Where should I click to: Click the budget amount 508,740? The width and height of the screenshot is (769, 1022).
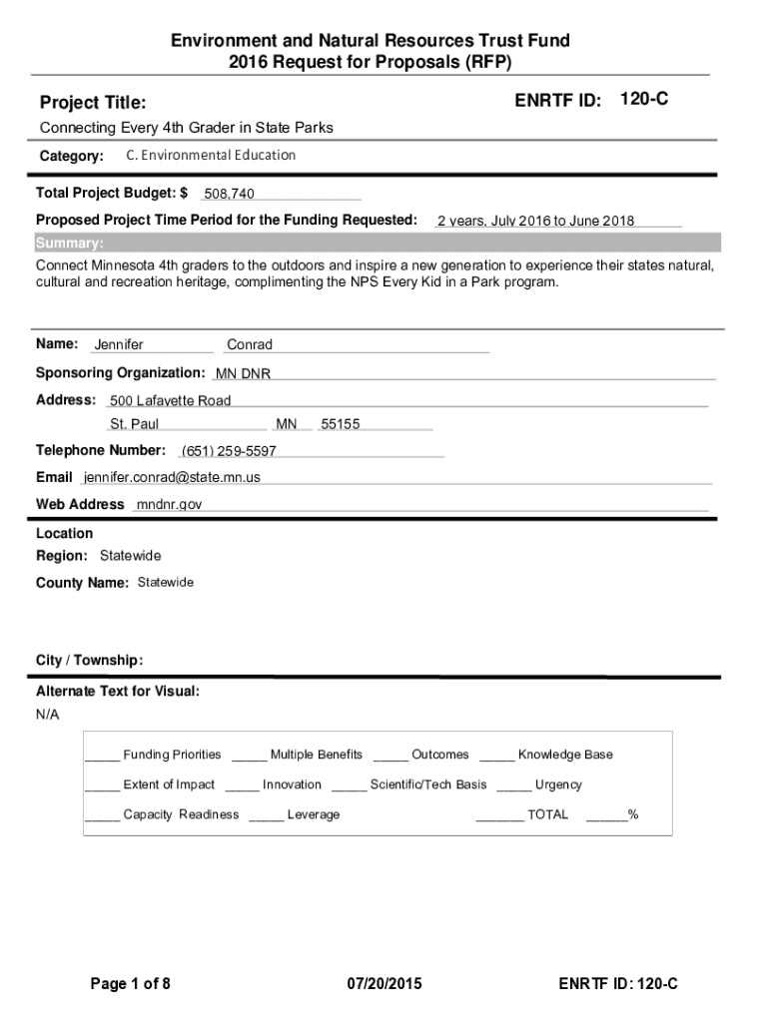229,194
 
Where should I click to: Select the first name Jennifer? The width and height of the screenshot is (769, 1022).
119,345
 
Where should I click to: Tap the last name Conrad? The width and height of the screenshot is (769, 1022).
250,345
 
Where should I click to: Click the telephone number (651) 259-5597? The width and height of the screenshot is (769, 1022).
229,451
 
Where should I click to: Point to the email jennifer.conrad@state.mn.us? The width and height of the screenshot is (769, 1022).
172,477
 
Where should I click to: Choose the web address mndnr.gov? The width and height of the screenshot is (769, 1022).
169,504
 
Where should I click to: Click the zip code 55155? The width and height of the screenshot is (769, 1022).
341,424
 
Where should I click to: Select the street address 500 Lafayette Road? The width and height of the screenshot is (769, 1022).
170,401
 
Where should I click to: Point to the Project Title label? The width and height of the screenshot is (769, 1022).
92,103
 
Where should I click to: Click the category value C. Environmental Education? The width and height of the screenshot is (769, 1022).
211,156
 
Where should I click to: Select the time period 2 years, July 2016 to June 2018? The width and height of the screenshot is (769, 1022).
535,222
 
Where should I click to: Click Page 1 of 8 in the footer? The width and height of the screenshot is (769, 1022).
131,984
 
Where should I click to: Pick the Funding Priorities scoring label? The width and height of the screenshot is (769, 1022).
172,755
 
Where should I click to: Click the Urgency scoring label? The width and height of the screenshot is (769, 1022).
558,784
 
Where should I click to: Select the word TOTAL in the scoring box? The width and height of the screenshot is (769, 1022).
547,814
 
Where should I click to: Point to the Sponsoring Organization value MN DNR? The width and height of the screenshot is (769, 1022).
243,374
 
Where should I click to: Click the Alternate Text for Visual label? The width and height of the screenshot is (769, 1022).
118,691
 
